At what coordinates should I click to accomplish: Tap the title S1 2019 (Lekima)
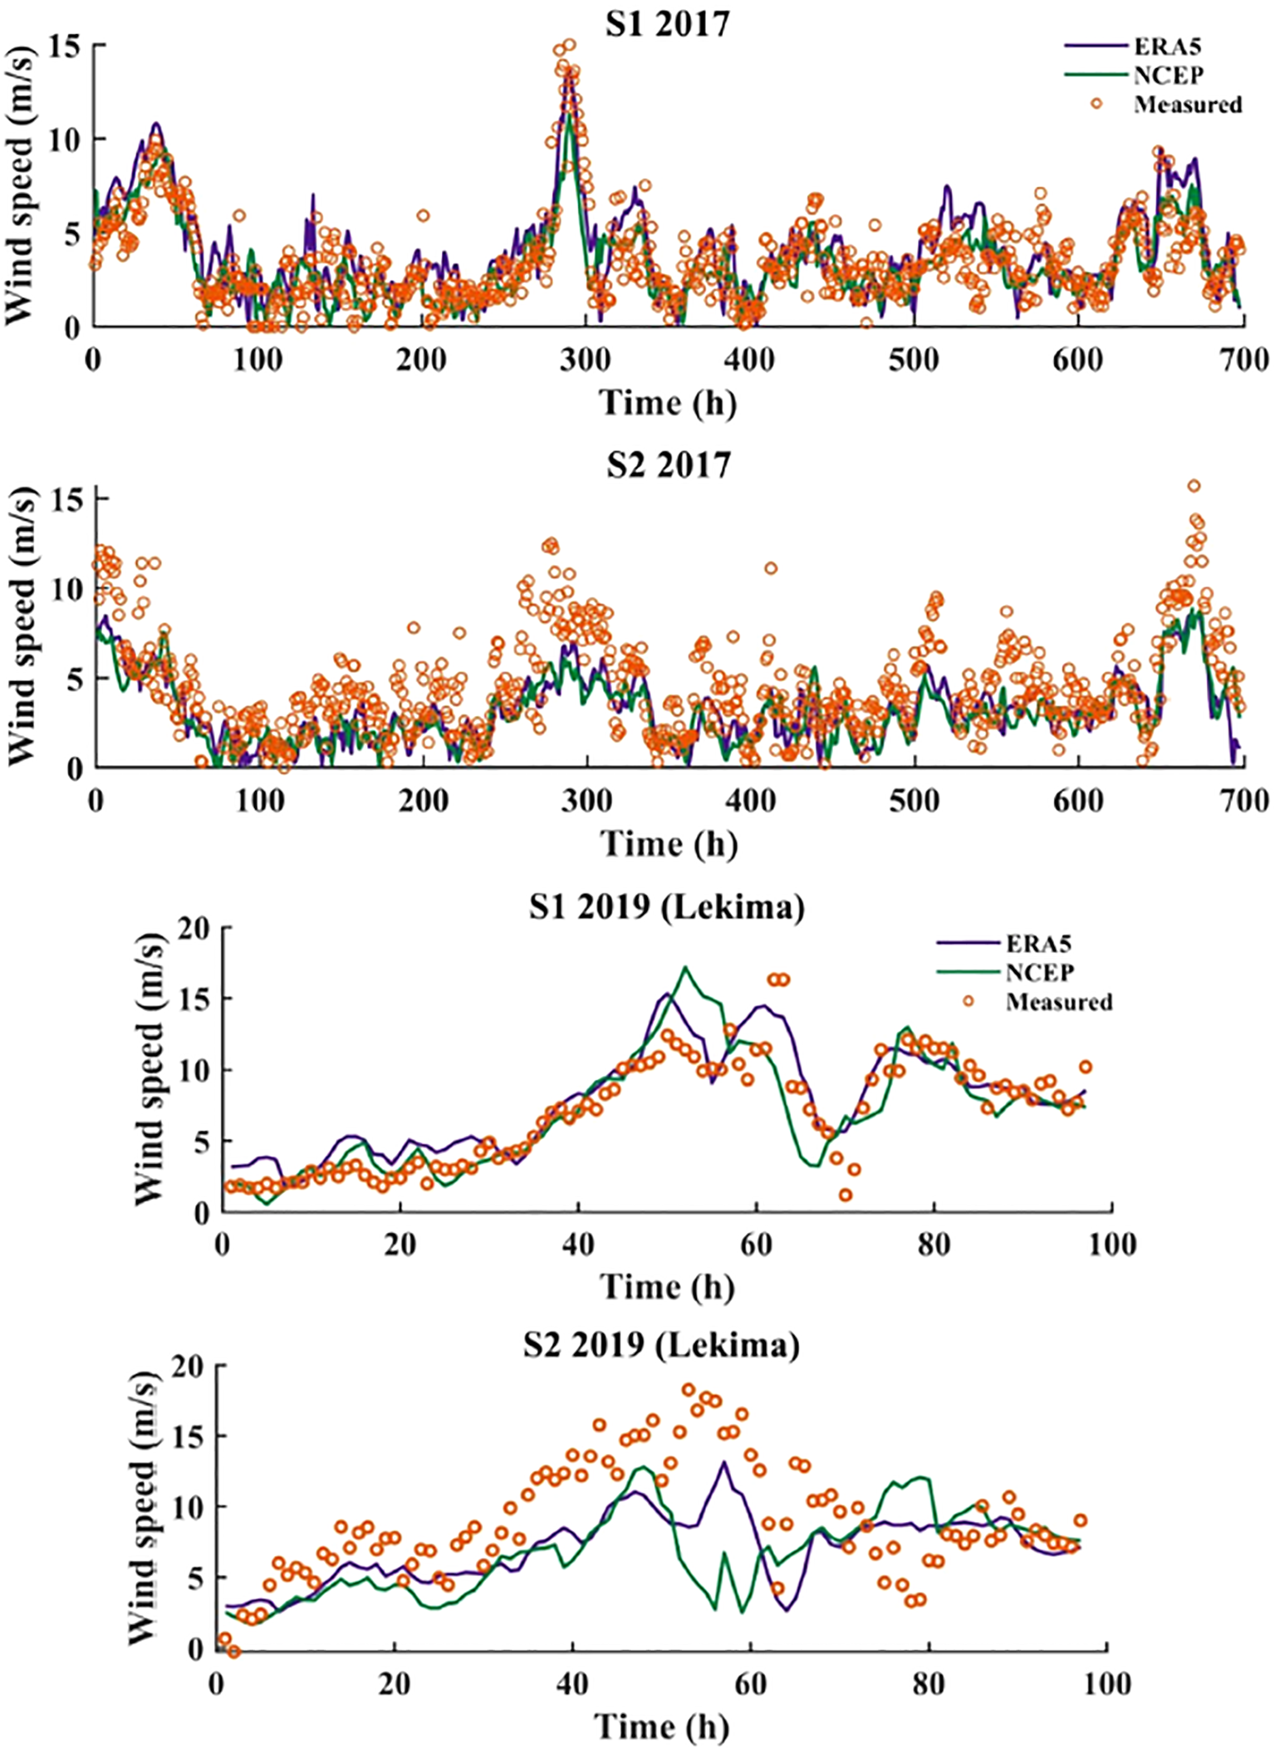[667, 906]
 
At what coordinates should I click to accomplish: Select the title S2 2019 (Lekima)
[661, 1344]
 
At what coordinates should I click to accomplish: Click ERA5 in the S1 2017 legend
[1167, 47]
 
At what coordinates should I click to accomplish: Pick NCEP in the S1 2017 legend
[1168, 75]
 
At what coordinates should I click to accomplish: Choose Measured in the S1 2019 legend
[1058, 1002]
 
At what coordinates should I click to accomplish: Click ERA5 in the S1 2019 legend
[1039, 944]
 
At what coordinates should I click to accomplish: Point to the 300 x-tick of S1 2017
[586, 360]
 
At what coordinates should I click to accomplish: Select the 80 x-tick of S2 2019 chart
[928, 1684]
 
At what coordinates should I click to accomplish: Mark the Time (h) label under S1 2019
[667, 1287]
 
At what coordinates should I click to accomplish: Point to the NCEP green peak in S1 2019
[685, 967]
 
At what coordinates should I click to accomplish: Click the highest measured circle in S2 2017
[1194, 486]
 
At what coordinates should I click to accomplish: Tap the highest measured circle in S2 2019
[688, 1389]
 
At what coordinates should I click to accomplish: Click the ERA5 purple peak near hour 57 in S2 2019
[724, 1462]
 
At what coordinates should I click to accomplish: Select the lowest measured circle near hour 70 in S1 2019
[846, 1196]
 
